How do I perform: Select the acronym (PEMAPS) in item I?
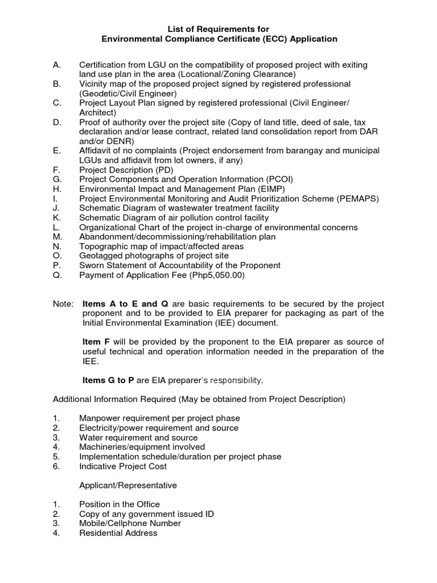(357, 199)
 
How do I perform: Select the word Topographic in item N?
(103, 247)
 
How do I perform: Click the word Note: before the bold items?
(63, 304)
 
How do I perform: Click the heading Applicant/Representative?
(128, 486)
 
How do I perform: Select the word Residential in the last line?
(101, 533)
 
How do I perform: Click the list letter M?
(57, 237)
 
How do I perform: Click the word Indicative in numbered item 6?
(97, 466)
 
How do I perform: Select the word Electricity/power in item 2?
(114, 428)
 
